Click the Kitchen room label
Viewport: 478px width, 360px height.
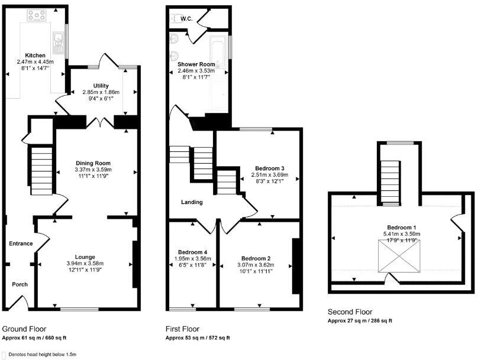(x=35, y=56)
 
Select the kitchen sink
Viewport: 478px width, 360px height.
(x=59, y=40)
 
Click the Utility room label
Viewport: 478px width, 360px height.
(x=101, y=86)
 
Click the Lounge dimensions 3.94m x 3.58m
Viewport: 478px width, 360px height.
(x=85, y=263)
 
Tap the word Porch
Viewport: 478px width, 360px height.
(x=20, y=284)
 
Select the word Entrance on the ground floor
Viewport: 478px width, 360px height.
(x=21, y=243)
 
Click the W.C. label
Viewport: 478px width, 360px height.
(x=186, y=19)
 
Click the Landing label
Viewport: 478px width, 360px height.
(x=192, y=202)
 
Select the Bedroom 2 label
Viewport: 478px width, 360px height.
(x=256, y=258)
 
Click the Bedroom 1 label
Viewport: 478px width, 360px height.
(x=402, y=228)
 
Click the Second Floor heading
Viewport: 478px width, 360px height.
(x=350, y=312)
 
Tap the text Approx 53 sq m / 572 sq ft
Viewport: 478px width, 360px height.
(x=198, y=338)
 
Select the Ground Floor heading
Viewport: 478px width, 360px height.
(x=24, y=329)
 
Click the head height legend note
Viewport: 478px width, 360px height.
(x=42, y=354)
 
